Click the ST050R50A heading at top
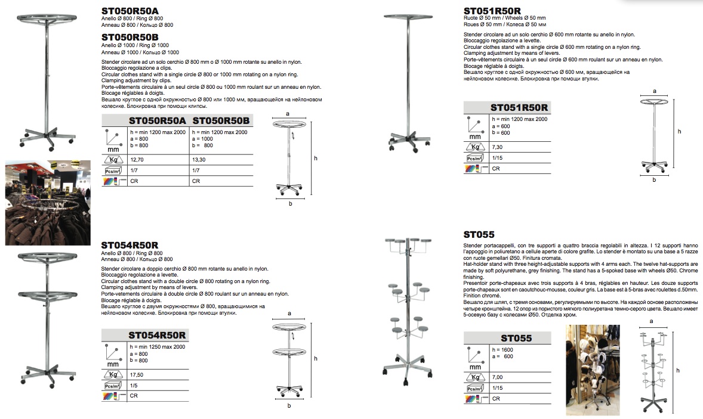tap(130, 11)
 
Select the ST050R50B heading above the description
tap(130, 37)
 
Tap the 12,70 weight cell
tap(137, 160)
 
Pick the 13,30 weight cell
tap(199, 160)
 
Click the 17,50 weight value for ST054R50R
tap(137, 375)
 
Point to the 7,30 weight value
tap(497, 147)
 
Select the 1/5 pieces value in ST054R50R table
tap(134, 386)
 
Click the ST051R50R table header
tap(519, 107)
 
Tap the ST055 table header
tap(516, 339)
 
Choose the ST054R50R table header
tap(157, 336)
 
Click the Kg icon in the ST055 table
tap(475, 377)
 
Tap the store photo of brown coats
tap(48, 203)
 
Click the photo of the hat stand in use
tap(593, 370)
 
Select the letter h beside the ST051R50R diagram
tap(679, 132)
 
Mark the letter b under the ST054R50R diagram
tap(289, 405)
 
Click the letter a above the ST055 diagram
tap(652, 321)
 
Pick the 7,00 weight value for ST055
tap(497, 377)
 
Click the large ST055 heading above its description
tap(479, 235)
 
